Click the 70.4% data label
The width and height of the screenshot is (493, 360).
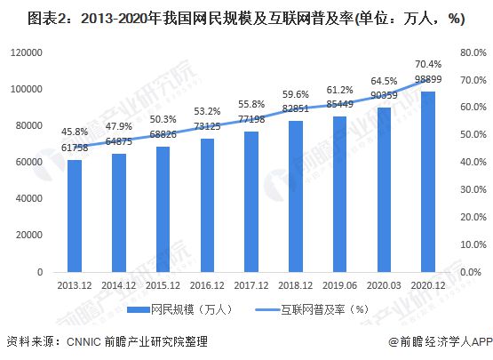pos(428,63)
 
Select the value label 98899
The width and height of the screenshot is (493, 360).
pos(428,80)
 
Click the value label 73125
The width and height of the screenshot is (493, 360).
pos(207,127)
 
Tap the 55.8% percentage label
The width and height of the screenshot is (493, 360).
pos(251,104)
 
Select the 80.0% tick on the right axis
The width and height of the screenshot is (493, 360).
pos(473,52)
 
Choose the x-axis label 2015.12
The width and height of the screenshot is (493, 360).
pos(163,285)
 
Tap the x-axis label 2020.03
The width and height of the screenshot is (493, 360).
pos(384,285)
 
